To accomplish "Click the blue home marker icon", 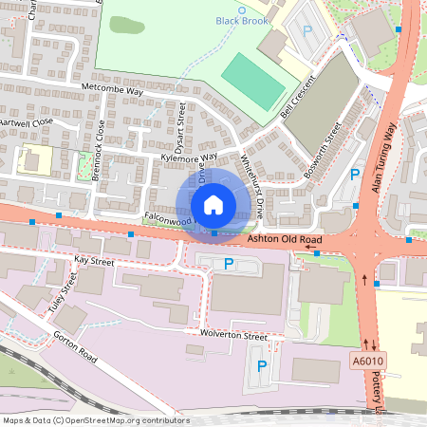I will coord(213,204).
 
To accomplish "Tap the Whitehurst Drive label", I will coord(251,186).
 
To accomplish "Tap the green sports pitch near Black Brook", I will coord(253,81).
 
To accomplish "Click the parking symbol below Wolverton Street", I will coord(263,364).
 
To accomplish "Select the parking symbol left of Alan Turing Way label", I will coord(354,174).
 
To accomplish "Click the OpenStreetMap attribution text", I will coord(83,419).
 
